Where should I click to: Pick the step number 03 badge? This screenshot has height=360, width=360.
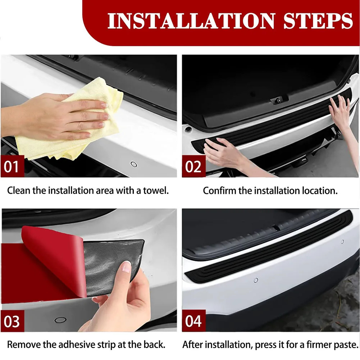pyautogui.click(x=12, y=321)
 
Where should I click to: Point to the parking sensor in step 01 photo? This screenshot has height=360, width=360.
pyautogui.click(x=134, y=164)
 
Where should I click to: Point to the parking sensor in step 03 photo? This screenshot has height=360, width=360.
pyautogui.click(x=60, y=320)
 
